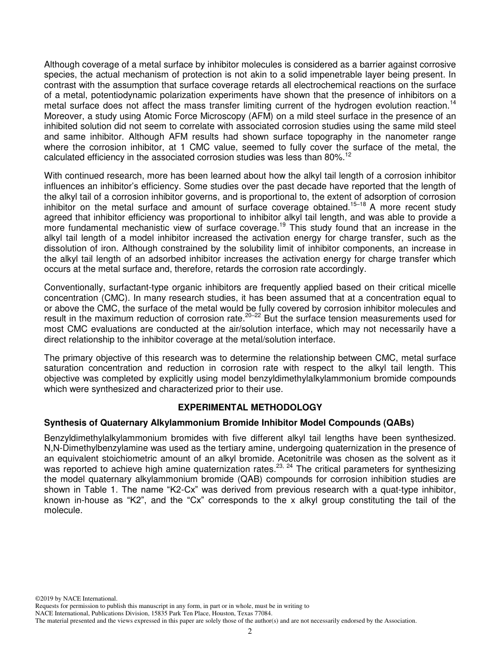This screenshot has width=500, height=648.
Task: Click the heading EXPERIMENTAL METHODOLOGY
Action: point(250,407)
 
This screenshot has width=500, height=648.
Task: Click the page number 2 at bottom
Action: point(250,632)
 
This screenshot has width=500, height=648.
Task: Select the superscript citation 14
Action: point(453,103)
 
